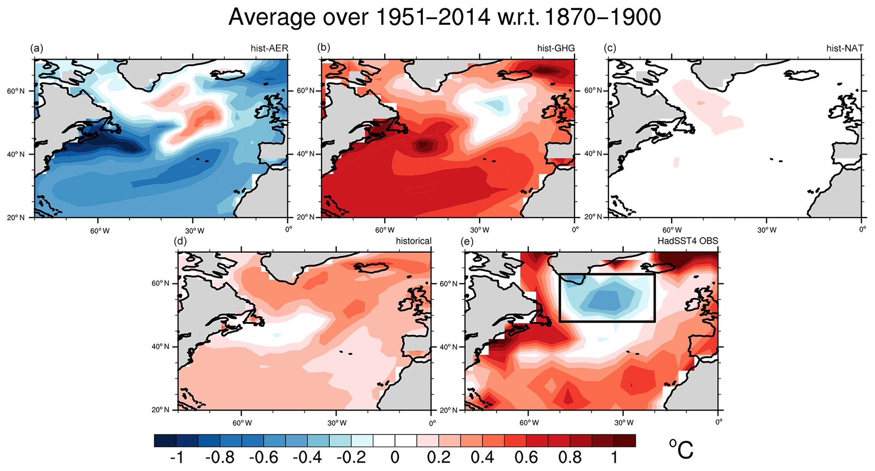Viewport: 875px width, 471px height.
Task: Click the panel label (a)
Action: [x=36, y=48]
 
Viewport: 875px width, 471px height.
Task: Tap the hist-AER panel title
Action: [x=269, y=48]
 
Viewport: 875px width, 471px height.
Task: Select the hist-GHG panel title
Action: [x=556, y=48]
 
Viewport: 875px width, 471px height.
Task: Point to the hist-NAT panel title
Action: [x=845, y=48]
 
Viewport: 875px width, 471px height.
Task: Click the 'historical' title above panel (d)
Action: [x=414, y=241]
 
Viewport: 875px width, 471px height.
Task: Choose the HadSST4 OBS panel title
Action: [x=687, y=241]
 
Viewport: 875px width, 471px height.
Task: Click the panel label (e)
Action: [x=467, y=241]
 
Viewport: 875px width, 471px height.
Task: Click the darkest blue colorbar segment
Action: [x=166, y=441]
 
